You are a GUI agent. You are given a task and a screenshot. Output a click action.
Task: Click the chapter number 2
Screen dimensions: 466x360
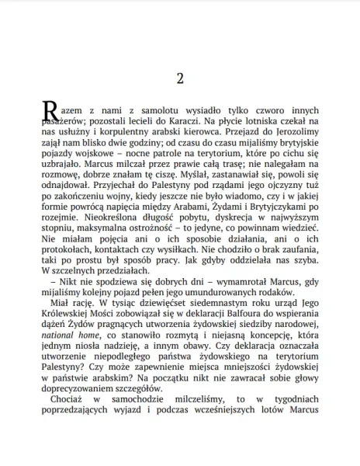tap(179, 78)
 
